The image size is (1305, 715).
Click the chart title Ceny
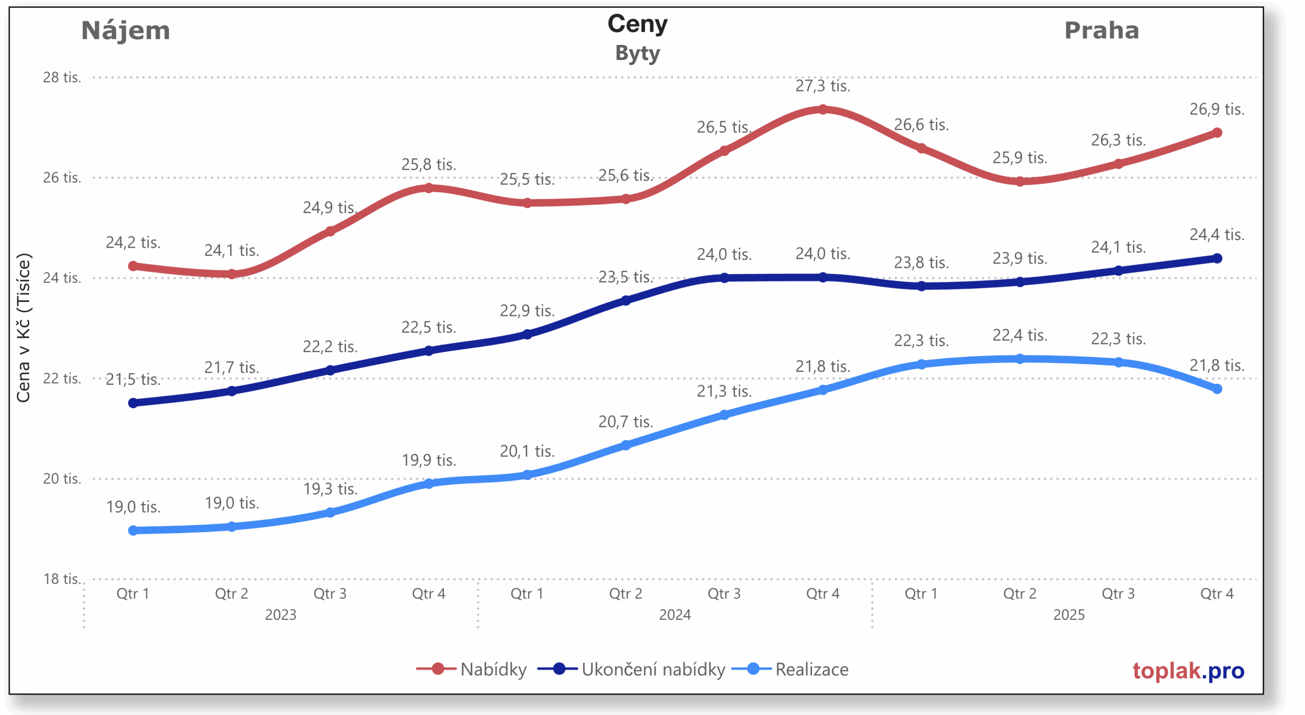pyautogui.click(x=637, y=24)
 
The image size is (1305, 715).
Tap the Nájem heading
pyautogui.click(x=125, y=31)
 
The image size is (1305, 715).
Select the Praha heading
pyautogui.click(x=1101, y=31)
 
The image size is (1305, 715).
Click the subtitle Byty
pyautogui.click(x=637, y=54)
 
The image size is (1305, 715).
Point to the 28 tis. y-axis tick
pyautogui.click(x=62, y=77)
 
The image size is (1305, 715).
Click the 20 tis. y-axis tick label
pyautogui.click(x=62, y=479)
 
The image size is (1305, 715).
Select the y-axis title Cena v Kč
pyautogui.click(x=23, y=327)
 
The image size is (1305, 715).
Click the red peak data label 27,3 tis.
pyautogui.click(x=823, y=86)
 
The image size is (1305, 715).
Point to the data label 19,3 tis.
pyautogui.click(x=330, y=489)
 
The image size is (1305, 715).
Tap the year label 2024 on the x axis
pyautogui.click(x=674, y=615)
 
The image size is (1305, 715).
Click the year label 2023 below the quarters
pyautogui.click(x=280, y=615)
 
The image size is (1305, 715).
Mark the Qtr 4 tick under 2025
pyautogui.click(x=1216, y=594)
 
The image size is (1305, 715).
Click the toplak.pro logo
pyautogui.click(x=1188, y=671)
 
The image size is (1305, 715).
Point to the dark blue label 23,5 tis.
pyautogui.click(x=625, y=277)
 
